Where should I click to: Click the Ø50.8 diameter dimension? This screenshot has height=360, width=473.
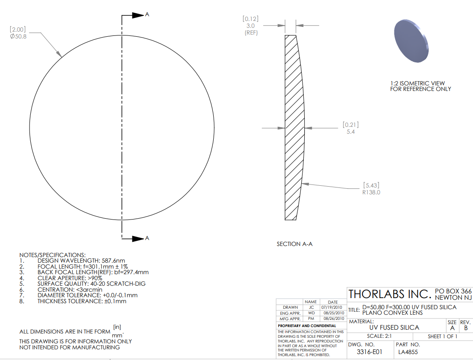18,36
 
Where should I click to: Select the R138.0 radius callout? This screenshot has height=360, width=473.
371,192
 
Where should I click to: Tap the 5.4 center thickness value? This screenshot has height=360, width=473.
350,132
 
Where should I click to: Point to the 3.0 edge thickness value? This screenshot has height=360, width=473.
250,26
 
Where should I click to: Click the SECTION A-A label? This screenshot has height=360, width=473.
294,244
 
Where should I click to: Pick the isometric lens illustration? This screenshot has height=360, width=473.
411,41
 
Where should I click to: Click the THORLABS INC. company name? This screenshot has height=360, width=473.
390,294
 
